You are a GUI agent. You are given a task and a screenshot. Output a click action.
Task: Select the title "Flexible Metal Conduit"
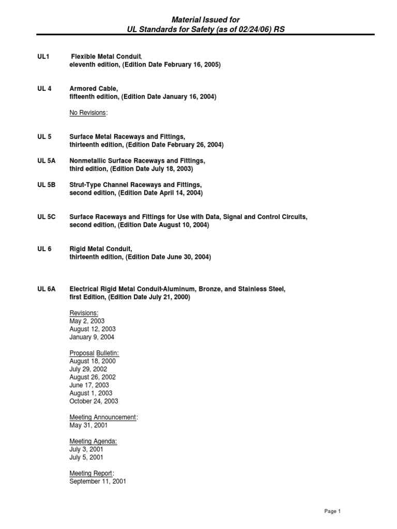point(106,56)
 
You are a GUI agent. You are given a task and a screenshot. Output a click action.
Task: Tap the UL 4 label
point(44,88)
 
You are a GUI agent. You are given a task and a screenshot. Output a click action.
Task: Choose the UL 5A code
point(46,161)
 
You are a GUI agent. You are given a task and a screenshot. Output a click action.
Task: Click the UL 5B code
point(46,185)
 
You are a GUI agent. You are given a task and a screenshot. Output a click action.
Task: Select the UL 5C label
point(46,217)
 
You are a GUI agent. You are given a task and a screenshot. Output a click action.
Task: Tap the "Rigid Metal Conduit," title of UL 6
point(101,249)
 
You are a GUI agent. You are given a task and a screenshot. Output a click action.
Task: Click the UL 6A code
point(46,289)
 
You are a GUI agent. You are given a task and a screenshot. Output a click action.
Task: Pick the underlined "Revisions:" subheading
point(84,313)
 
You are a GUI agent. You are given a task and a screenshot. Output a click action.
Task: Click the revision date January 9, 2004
point(92,337)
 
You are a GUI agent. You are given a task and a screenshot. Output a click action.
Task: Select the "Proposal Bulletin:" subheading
point(95,353)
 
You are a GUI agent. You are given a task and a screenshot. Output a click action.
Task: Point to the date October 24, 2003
point(94,401)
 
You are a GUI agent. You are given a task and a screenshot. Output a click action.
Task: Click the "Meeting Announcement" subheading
point(103,417)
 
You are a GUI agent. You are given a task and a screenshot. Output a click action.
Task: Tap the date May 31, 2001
point(88,425)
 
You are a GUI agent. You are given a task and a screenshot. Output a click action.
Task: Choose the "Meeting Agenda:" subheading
point(93,441)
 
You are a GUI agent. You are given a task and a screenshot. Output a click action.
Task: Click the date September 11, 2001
point(98,481)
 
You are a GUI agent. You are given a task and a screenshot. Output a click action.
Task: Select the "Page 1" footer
point(332,511)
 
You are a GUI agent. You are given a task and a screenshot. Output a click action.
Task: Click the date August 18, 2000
point(93,361)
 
